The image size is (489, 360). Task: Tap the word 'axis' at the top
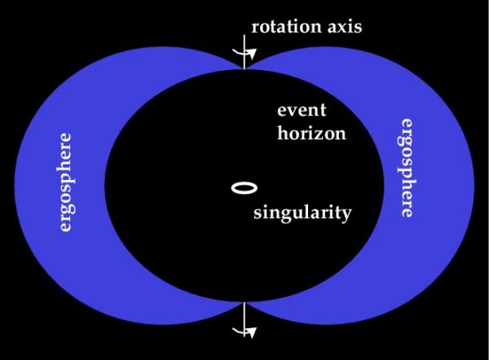[x=345, y=26]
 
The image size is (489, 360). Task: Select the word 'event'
[x=302, y=110]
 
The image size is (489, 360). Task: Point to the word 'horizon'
[x=311, y=133]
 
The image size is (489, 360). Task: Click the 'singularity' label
[x=302, y=213]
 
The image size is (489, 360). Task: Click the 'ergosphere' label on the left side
[x=65, y=182]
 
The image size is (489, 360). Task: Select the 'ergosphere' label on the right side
[x=407, y=168]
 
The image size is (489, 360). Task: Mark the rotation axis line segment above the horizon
[x=244, y=52]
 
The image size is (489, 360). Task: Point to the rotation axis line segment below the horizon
[x=244, y=319]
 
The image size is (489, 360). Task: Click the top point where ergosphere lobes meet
[x=244, y=69]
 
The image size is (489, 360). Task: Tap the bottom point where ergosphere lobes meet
[x=244, y=301]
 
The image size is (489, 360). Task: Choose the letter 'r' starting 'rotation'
[x=256, y=28]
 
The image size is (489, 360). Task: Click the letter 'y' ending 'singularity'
[x=346, y=215]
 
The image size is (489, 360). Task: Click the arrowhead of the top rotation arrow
[x=252, y=55]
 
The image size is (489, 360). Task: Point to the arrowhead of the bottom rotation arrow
[x=252, y=333]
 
